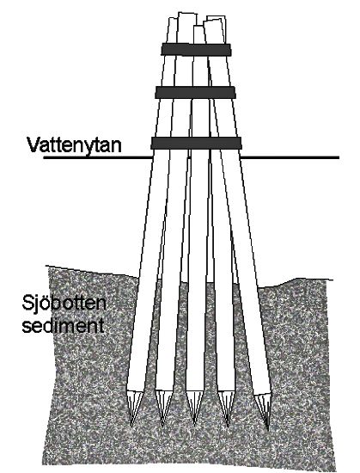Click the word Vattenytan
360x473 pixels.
coord(74,145)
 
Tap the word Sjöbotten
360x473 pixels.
coord(64,304)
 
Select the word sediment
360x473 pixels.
coord(64,325)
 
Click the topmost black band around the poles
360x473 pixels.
coord(196,50)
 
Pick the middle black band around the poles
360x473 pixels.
coord(195,92)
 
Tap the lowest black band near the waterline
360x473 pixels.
coord(196,143)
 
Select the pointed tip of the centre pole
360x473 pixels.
coord(194,423)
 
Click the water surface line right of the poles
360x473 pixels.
coord(290,157)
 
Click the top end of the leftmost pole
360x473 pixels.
coord(173,19)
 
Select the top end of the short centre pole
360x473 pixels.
coord(198,27)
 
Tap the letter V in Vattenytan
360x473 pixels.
coord(34,145)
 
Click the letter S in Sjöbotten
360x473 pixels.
coord(27,303)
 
